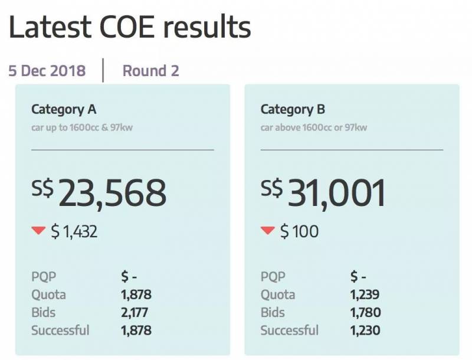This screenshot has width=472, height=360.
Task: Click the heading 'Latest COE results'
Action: coord(130,27)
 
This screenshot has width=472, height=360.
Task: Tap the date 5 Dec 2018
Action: coord(47,71)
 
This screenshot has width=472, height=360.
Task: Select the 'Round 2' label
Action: coord(150,71)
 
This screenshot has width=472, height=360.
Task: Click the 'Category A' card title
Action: coord(63,109)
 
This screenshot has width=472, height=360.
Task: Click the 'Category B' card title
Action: coord(293,109)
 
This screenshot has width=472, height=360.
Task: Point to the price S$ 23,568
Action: coord(99,193)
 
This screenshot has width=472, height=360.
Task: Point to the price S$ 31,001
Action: coord(323,193)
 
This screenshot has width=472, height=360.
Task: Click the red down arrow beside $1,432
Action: coord(39,231)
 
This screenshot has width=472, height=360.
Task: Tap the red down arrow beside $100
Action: coord(268,231)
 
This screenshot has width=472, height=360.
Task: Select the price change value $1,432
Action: coord(74,232)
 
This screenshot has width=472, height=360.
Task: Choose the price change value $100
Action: coord(299,232)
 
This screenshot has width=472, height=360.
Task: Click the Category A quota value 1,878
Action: coord(136,294)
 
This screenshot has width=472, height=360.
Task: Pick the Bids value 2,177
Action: coord(135,313)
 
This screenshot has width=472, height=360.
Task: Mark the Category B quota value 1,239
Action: coord(365,294)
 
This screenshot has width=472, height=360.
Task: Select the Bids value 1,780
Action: coord(365,313)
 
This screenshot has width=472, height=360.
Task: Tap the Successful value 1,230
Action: coord(365,330)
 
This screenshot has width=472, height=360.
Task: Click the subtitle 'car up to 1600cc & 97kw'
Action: coord(82,127)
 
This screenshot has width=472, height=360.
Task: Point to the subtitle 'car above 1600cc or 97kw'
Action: coord(313,127)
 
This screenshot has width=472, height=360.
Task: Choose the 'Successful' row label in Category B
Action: coord(290,330)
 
